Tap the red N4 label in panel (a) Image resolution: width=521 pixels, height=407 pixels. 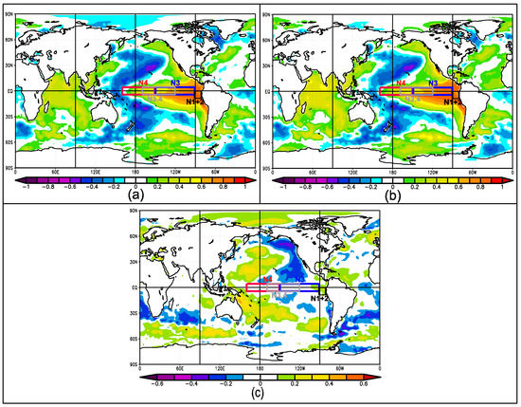click(143, 83)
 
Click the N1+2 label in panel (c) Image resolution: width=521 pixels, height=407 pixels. click(319, 297)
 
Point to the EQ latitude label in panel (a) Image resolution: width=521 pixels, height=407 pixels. click(9, 91)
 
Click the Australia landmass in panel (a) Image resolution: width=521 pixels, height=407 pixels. click(109, 112)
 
